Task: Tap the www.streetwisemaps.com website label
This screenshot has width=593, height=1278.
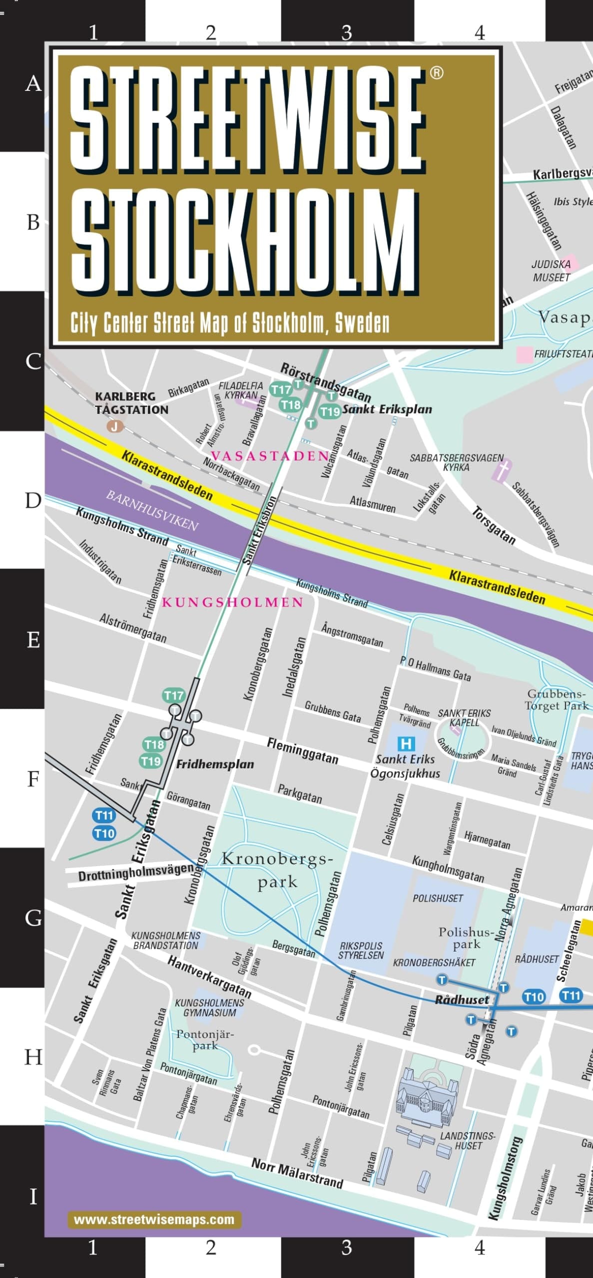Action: [154, 1220]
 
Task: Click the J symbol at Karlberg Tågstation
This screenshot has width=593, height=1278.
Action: [115, 426]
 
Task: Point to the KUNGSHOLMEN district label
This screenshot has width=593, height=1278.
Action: [232, 602]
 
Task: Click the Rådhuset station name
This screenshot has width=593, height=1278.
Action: [462, 1000]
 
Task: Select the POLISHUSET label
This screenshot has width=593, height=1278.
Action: [438, 899]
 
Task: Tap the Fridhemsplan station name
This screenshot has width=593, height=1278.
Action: [215, 764]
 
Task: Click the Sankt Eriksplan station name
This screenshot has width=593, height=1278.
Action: [387, 409]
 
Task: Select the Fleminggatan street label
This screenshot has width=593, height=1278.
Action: [302, 750]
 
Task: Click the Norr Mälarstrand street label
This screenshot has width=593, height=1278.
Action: [297, 1173]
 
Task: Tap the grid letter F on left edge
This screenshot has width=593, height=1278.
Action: [33, 779]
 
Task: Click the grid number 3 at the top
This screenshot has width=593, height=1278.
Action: [346, 33]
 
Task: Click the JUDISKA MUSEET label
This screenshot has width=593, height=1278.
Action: [551, 271]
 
